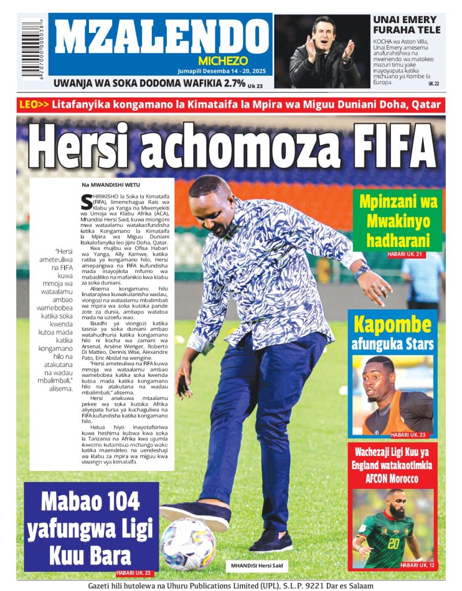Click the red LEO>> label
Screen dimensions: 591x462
[x=34, y=105]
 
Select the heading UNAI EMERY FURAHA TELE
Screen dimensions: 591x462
[x=406, y=24]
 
